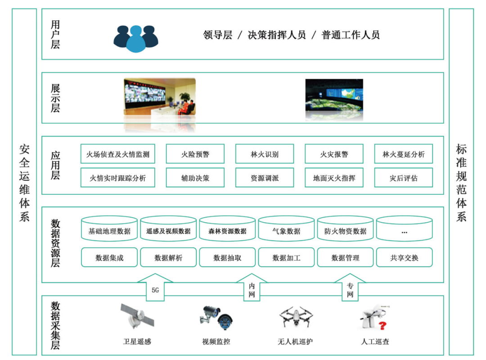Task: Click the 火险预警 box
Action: coord(195,154)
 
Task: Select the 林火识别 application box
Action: coord(265,154)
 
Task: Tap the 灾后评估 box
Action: coord(403,178)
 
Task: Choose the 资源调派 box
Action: coord(265,178)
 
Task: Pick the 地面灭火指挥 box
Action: coord(334,178)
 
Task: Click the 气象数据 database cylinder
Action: coord(286,229)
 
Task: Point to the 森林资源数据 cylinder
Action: coord(227,229)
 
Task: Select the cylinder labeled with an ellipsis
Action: coord(404,229)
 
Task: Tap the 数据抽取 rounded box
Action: coord(227,257)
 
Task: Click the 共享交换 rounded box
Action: coord(404,257)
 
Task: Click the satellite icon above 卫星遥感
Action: coord(137,316)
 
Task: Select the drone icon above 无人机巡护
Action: coord(296,317)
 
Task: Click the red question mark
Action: coord(382,326)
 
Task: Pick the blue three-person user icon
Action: coord(136,39)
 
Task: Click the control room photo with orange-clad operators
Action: coord(160,97)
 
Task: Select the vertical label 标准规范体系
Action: coord(461,182)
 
